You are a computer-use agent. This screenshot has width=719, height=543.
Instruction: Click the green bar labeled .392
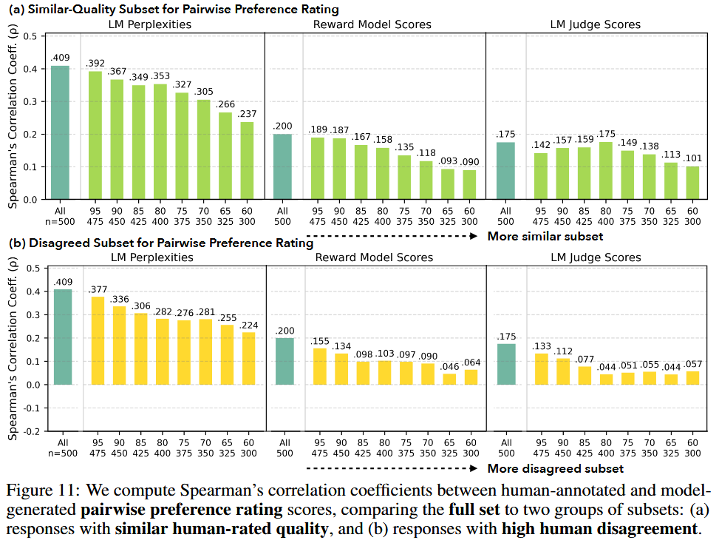[x=95, y=135]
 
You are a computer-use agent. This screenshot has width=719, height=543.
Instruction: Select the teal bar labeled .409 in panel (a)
[x=60, y=132]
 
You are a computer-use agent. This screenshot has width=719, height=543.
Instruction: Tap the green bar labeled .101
[x=693, y=183]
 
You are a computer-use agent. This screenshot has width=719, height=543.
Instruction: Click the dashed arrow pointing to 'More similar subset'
[x=392, y=236]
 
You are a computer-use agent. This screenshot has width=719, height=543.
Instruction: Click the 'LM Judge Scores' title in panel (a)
[x=595, y=24]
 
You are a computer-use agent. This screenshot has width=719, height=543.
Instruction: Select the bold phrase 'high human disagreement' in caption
[x=599, y=528]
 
